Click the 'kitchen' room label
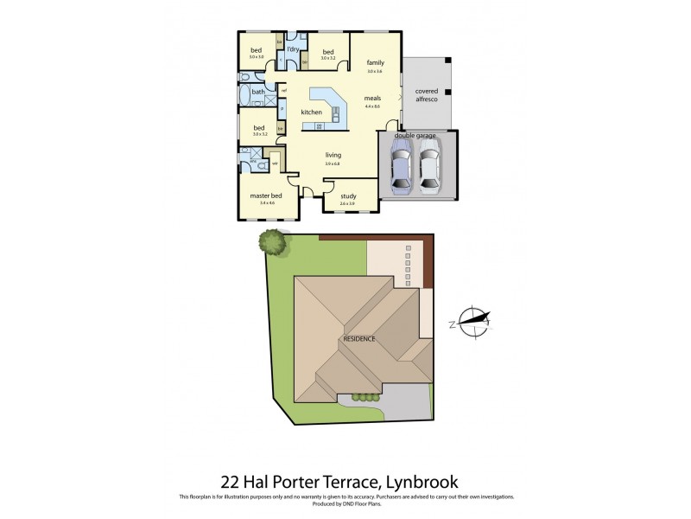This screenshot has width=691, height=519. (311, 112)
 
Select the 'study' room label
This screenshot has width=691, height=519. (349, 196)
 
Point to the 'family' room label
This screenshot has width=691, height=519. (375, 63)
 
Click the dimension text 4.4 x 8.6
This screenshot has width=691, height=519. (372, 106)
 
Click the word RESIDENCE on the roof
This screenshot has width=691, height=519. (359, 338)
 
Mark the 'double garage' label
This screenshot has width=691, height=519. (411, 136)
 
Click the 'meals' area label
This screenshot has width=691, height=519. (372, 98)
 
